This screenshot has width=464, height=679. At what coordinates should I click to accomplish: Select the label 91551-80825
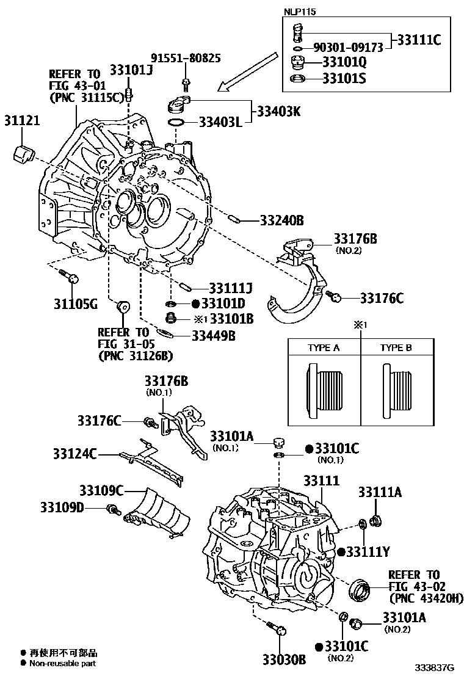186,59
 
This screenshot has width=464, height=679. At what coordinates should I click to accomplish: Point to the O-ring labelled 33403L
176,124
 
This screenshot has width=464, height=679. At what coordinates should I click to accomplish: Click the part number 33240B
281,220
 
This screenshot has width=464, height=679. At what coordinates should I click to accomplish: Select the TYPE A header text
324,348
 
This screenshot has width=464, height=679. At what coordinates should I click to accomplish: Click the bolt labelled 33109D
112,509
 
